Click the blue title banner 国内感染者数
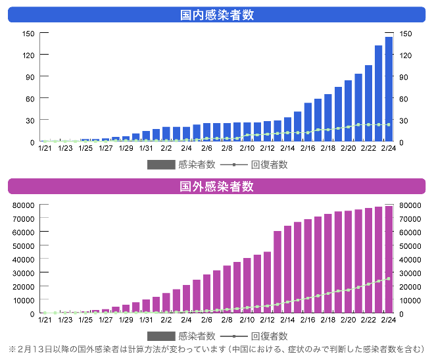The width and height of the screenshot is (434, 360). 217,14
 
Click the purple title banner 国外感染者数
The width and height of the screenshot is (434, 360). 217,186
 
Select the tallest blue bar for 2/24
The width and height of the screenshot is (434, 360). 389,90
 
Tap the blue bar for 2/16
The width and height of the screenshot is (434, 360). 308,122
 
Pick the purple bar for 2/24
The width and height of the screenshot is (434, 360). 389,260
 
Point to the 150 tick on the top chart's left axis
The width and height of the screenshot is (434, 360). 28,34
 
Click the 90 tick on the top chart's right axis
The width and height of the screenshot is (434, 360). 405,77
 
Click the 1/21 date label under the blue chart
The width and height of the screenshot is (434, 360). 45,148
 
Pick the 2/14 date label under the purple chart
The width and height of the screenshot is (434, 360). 287,320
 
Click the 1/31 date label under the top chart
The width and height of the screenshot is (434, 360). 146,148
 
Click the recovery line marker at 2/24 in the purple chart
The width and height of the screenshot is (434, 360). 389,279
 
